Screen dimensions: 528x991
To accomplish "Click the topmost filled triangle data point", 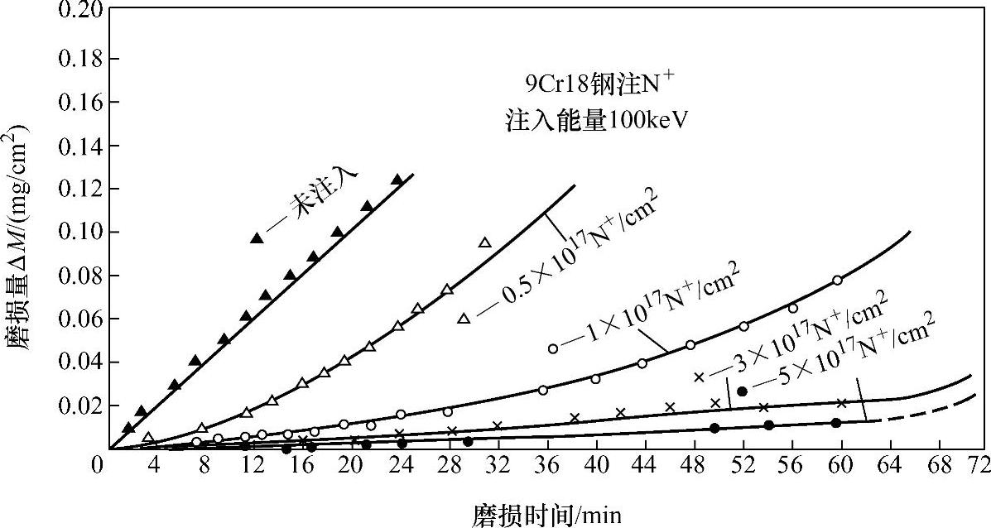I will tap(397, 180).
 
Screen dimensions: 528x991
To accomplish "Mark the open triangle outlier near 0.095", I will tap(485, 242).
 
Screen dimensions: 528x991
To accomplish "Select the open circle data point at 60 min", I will tap(837, 281).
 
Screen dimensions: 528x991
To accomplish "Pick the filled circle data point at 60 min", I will tap(836, 423).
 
